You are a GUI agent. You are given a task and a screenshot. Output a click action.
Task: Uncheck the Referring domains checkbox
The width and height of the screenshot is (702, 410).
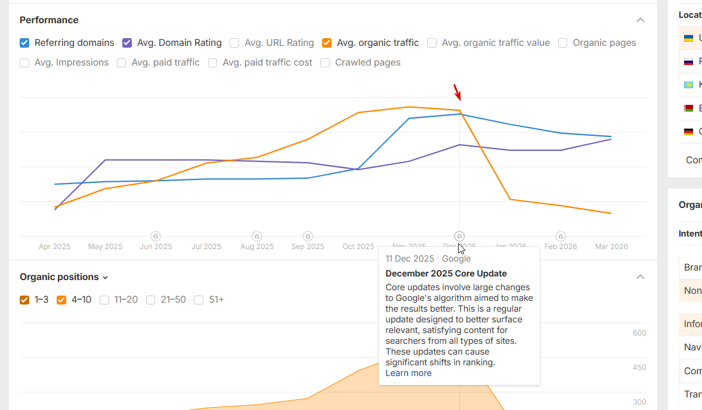pyautogui.click(x=24, y=43)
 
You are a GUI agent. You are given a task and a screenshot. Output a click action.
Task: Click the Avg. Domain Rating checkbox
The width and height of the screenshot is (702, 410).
pyautogui.click(x=127, y=43)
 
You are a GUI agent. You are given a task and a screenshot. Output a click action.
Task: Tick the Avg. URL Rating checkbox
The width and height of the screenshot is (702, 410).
pyautogui.click(x=234, y=43)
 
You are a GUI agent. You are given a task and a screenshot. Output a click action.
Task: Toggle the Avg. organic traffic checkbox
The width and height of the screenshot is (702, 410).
pyautogui.click(x=327, y=43)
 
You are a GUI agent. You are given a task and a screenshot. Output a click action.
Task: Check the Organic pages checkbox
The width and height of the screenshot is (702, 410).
pyautogui.click(x=562, y=43)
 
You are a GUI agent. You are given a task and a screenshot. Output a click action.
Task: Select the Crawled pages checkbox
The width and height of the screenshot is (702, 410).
pyautogui.click(x=325, y=63)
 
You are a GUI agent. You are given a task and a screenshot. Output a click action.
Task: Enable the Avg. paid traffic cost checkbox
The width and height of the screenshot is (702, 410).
pyautogui.click(x=213, y=63)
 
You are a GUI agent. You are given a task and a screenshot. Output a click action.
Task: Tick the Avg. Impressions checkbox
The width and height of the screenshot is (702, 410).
pyautogui.click(x=24, y=63)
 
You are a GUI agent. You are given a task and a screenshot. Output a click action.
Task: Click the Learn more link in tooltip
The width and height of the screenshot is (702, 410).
pyautogui.click(x=408, y=373)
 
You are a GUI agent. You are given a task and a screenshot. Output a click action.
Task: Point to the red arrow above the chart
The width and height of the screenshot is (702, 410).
pyautogui.click(x=457, y=92)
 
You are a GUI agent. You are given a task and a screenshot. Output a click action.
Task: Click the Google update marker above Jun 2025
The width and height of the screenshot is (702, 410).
pyautogui.click(x=156, y=236)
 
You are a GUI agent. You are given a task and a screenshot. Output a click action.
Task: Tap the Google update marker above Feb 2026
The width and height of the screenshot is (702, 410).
pyautogui.click(x=561, y=236)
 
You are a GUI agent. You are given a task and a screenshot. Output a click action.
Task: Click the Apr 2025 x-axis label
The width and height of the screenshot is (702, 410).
pyautogui.click(x=54, y=247)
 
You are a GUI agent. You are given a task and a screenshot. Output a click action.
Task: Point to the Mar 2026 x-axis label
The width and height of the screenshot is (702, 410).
pyautogui.click(x=611, y=247)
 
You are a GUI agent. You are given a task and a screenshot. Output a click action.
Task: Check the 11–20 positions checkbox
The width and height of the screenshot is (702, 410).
pyautogui.click(x=104, y=300)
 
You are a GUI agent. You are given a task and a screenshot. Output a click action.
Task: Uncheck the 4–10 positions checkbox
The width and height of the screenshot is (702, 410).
pyautogui.click(x=61, y=300)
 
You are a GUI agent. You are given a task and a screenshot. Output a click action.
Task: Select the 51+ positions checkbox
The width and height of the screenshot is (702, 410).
pyautogui.click(x=199, y=300)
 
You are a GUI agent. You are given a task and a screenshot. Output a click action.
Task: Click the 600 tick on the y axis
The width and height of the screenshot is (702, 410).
pyautogui.click(x=639, y=333)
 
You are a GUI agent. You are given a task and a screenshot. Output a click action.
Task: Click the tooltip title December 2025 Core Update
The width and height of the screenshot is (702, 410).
pyautogui.click(x=446, y=274)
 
